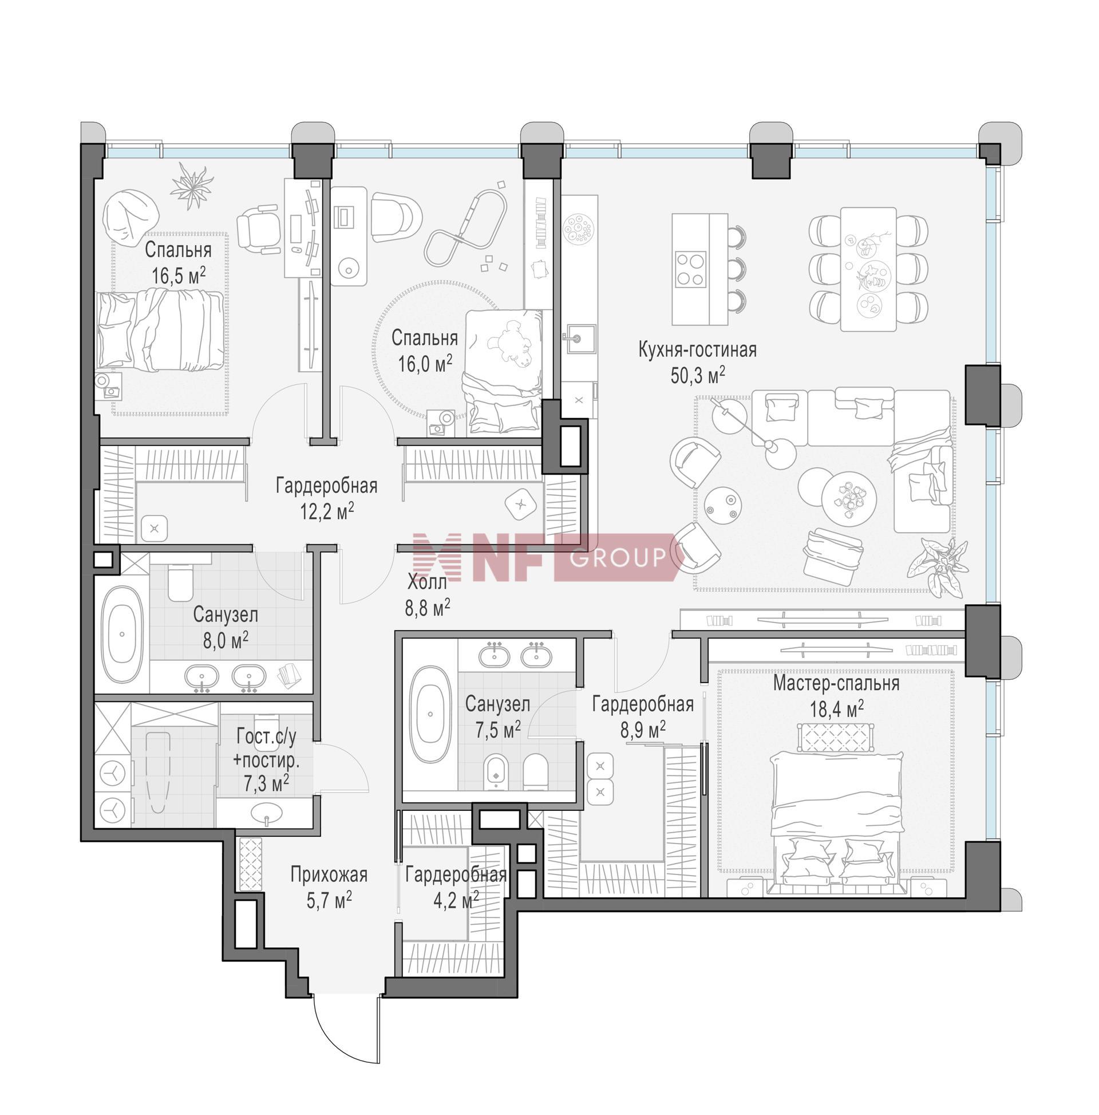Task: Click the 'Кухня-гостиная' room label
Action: (697, 350)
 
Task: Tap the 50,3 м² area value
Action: (697, 376)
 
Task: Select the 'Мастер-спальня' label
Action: (836, 684)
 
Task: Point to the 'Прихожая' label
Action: (328, 875)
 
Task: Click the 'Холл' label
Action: (428, 582)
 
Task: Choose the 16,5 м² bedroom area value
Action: (178, 275)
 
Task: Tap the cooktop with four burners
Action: (690, 269)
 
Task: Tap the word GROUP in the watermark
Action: (618, 558)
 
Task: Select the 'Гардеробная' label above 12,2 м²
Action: (326, 486)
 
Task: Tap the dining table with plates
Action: (868, 269)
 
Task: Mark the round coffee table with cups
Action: (848, 499)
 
